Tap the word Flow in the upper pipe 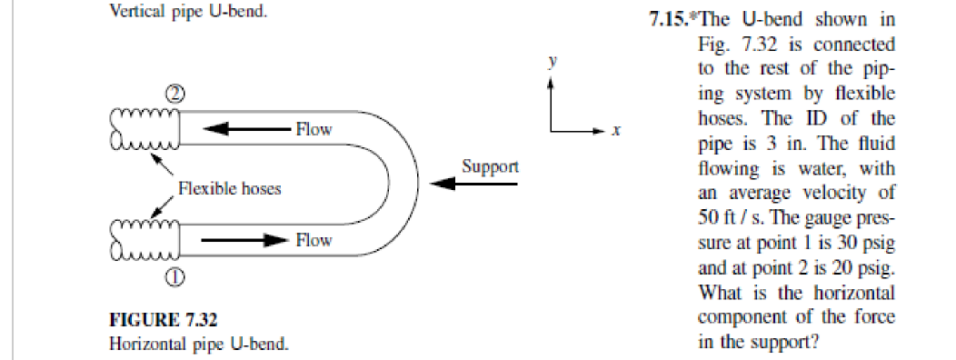(314, 130)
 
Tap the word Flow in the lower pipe (314, 241)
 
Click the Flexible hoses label (229, 189)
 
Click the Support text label (490, 166)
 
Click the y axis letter (551, 61)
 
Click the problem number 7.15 (667, 22)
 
